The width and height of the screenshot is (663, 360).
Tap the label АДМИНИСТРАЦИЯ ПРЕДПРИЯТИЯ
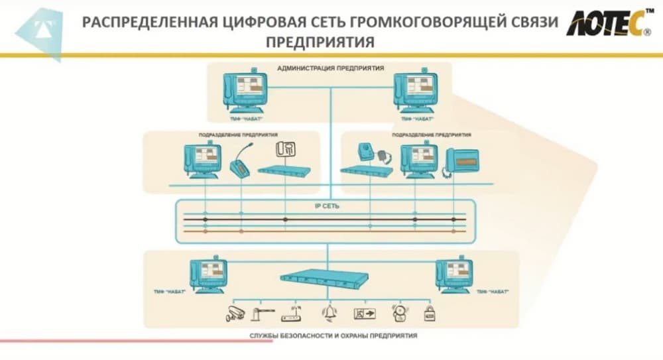pyautogui.click(x=330, y=68)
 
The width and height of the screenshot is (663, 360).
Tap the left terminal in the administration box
pyautogui.click(x=243, y=91)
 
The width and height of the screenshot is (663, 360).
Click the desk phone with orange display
pyautogui.click(x=467, y=161)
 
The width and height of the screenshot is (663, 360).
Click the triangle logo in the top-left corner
pyautogui.click(x=40, y=30)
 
